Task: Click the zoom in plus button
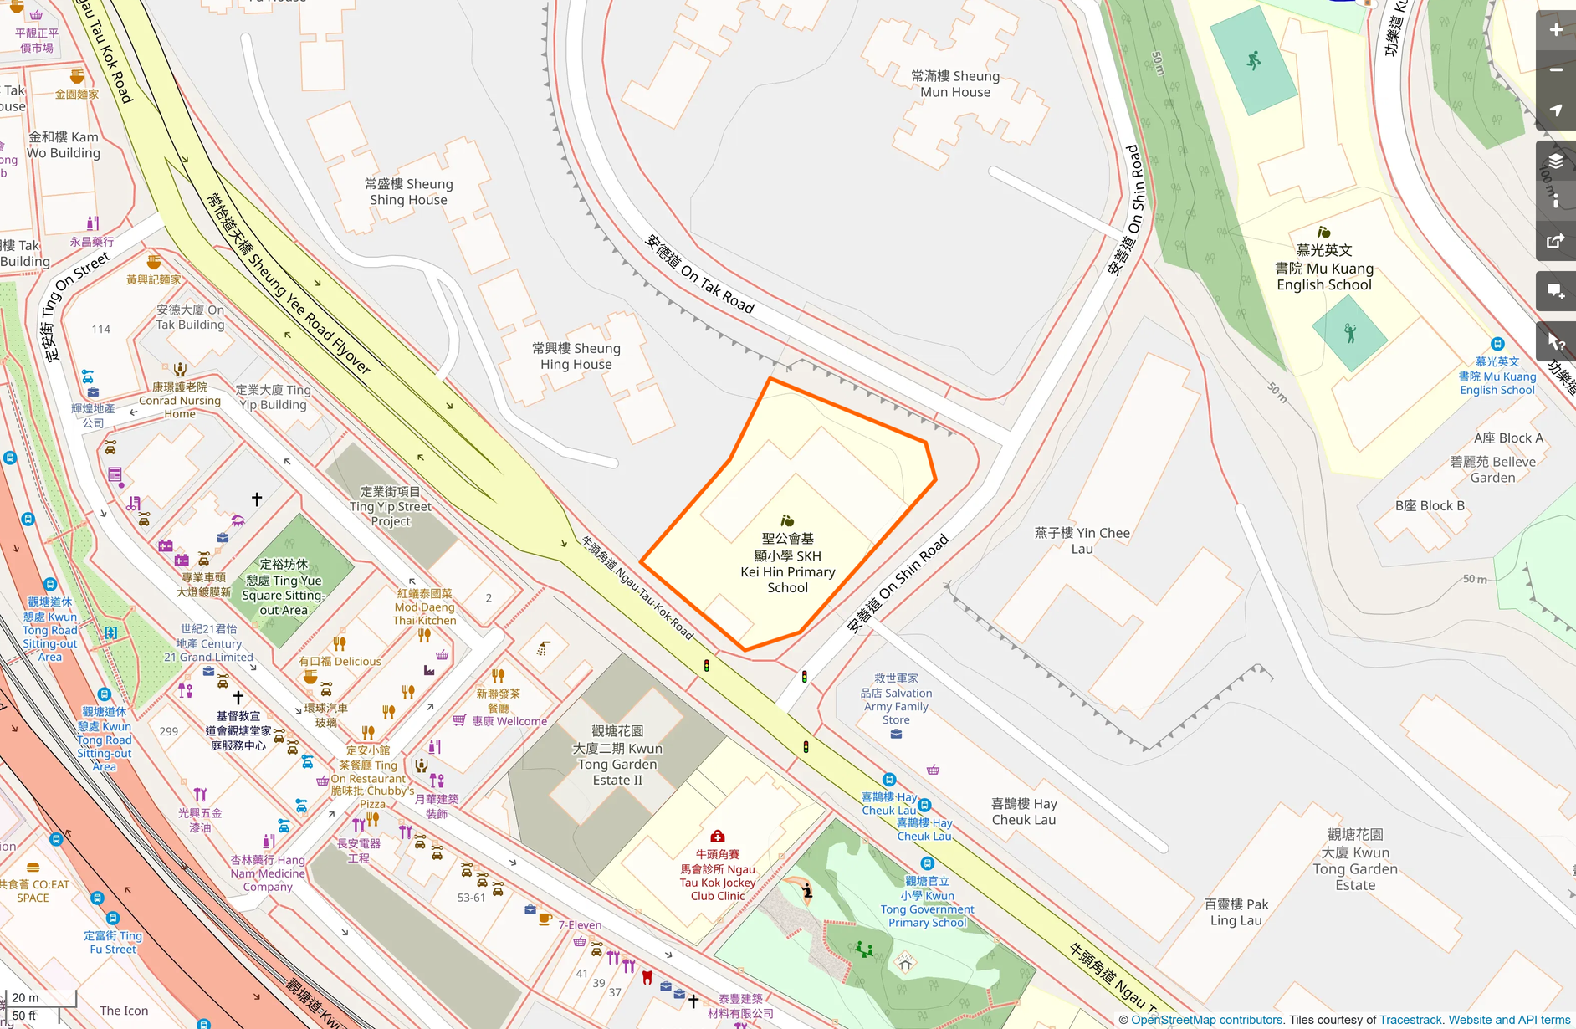pyautogui.click(x=1555, y=30)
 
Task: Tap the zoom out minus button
pyautogui.click(x=1555, y=70)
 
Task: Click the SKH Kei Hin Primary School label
pyautogui.click(x=787, y=563)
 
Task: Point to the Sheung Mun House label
pyautogui.click(x=955, y=84)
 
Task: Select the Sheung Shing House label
pyautogui.click(x=408, y=192)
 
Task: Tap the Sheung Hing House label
pyautogui.click(x=576, y=356)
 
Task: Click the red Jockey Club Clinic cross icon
pyautogui.click(x=717, y=836)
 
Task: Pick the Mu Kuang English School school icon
pyautogui.click(x=1323, y=233)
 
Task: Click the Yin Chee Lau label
pyautogui.click(x=1082, y=540)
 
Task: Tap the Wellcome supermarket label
pyautogui.click(x=509, y=721)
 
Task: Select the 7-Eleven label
pyautogui.click(x=580, y=924)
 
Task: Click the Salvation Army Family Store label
pyautogui.click(x=896, y=699)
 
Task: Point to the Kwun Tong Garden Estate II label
pyautogui.click(x=617, y=755)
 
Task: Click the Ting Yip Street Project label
pyautogui.click(x=391, y=506)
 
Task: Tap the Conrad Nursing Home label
pyautogui.click(x=180, y=400)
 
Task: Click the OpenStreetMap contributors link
pyautogui.click(x=1206, y=1020)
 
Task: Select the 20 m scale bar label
pyautogui.click(x=25, y=997)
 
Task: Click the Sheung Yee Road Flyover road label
pyautogui.click(x=289, y=283)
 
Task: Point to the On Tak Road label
pyautogui.click(x=699, y=274)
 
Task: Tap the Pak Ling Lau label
pyautogui.click(x=1236, y=912)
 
